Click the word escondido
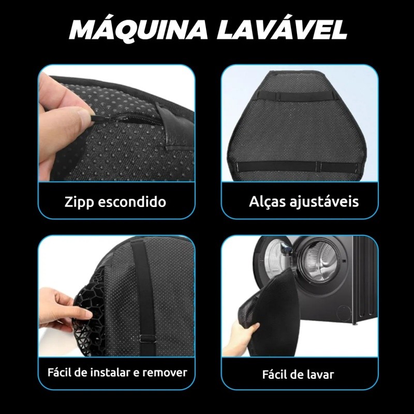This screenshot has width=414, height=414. tap(132, 202)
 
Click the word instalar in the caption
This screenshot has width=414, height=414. tap(110, 373)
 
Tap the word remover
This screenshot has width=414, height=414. tap(165, 373)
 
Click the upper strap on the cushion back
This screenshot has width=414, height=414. tap(295, 96)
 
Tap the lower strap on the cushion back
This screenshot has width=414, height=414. tap(295, 167)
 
